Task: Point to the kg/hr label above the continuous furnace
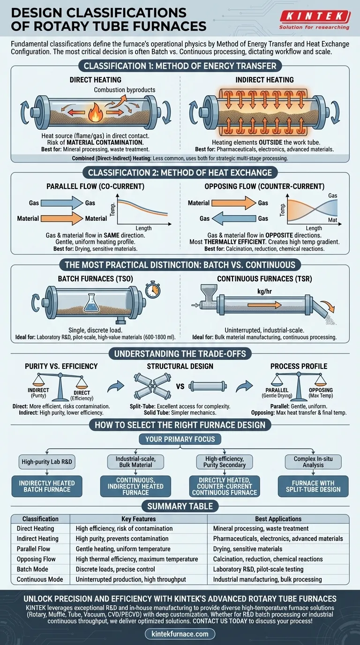click(x=264, y=292)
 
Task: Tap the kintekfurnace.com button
click(x=180, y=634)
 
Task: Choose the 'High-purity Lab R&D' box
click(x=47, y=462)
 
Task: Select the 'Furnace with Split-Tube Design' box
click(x=313, y=487)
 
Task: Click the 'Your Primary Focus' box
click(x=180, y=439)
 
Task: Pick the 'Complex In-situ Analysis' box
click(x=313, y=462)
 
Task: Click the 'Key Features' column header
click(x=139, y=519)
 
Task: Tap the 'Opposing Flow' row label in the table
click(x=36, y=559)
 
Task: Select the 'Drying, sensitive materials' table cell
click(x=247, y=549)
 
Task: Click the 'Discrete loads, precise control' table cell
click(x=115, y=569)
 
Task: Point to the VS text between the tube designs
click(x=180, y=386)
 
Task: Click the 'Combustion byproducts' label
click(x=124, y=90)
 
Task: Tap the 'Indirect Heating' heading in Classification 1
click(x=264, y=80)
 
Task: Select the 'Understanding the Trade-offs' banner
click(x=180, y=353)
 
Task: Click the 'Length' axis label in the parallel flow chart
click(x=143, y=228)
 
